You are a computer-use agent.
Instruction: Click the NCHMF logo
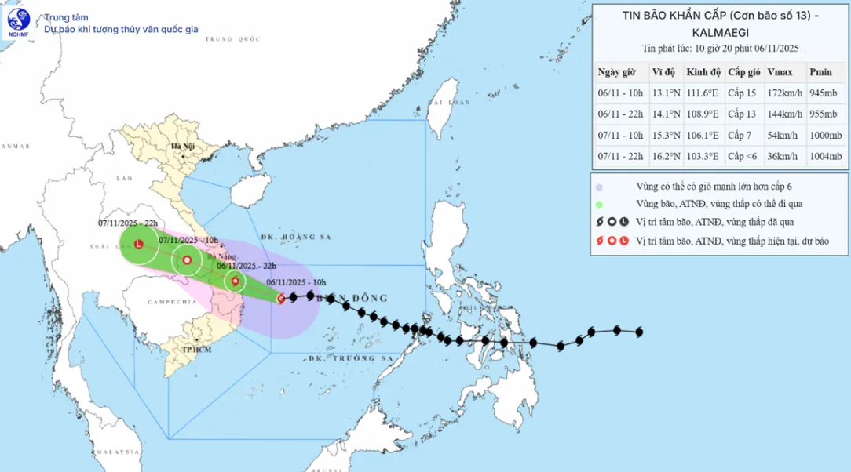19,23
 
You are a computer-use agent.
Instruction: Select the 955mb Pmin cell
824,114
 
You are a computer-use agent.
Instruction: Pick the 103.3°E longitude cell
703,157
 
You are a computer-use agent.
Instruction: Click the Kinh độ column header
703,72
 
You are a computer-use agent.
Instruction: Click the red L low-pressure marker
139,245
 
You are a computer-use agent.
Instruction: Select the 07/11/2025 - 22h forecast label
128,223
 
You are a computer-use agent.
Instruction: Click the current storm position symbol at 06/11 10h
281,298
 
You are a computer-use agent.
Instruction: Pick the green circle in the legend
599,204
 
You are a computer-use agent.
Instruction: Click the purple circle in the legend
599,187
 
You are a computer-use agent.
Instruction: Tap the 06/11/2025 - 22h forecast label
247,266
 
